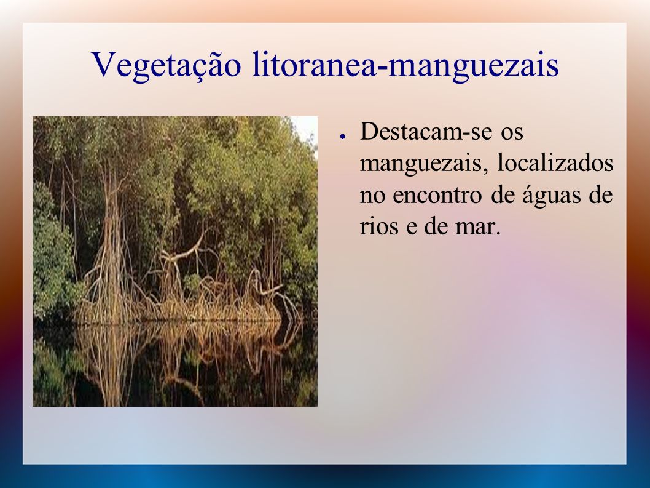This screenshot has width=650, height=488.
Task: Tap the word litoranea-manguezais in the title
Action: point(405,65)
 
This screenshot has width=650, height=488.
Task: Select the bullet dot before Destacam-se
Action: point(342,136)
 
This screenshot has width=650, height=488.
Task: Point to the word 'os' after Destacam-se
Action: point(512,134)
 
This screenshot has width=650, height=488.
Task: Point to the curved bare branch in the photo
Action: point(187,249)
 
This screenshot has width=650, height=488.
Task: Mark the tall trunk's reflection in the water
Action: point(109,361)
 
